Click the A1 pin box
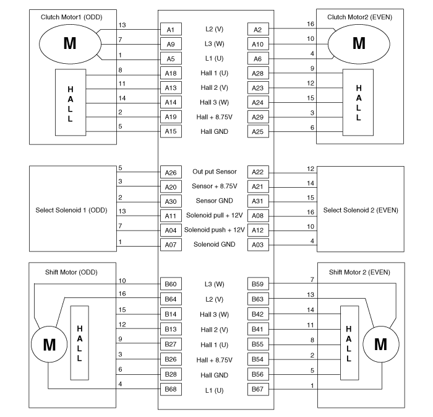[x=171, y=29]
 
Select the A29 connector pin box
[x=257, y=116]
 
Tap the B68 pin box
[x=171, y=389]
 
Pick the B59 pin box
[x=257, y=284]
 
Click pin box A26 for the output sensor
[x=171, y=172]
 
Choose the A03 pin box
[x=257, y=245]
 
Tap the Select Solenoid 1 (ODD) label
[x=72, y=209]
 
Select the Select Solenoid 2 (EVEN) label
[x=361, y=209]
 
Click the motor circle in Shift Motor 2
[x=380, y=344]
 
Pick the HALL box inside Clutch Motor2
[x=359, y=103]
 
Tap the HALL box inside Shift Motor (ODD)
[x=80, y=343]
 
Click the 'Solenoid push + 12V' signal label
[x=215, y=230]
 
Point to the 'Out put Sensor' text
[x=215, y=172]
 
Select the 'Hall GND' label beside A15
[x=215, y=131]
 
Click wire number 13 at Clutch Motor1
[x=121, y=25]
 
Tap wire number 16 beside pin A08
[x=311, y=211]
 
